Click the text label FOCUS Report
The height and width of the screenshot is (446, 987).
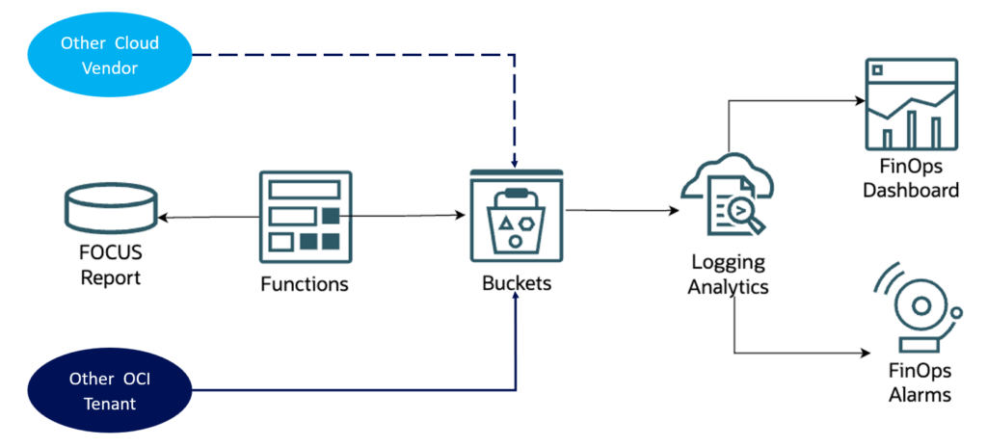click(110, 267)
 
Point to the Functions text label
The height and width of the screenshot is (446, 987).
click(305, 284)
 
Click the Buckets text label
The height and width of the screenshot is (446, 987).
click(516, 284)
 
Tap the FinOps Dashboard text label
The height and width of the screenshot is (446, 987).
click(911, 179)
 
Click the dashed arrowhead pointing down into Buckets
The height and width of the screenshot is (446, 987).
click(516, 163)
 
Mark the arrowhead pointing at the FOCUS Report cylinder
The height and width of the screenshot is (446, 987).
click(162, 218)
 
